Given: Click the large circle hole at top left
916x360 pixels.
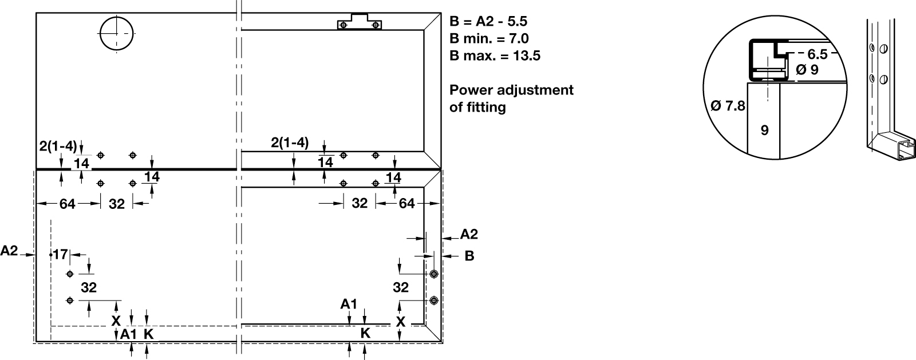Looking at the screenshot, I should [116, 33].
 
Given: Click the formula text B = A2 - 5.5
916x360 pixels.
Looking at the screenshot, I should [488, 22].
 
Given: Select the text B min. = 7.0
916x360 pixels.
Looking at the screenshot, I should [489, 39].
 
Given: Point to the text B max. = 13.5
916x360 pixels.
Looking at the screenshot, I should [495, 56].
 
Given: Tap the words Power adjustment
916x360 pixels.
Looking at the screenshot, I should [511, 90].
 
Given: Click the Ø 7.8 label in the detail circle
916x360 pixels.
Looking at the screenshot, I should [728, 106].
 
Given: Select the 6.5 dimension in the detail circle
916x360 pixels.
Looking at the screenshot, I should [818, 54].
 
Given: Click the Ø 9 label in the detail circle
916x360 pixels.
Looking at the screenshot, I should [807, 70].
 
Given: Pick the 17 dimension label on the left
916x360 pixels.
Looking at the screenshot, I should [61, 254].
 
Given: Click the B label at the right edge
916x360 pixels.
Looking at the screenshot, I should [469, 256].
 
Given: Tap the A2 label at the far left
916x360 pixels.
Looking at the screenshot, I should [9, 251].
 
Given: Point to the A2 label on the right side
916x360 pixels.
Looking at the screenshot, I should [469, 234].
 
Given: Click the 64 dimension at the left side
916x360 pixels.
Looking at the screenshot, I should [68, 204].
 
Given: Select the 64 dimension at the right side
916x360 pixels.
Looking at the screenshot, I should [406, 204].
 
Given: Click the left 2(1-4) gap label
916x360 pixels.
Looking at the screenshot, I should [58, 146].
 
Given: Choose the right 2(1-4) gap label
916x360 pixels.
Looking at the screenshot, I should [290, 143].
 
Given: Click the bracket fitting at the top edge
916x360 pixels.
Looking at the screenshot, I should [360, 23].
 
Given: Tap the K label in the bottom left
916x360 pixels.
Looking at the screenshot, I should [148, 334].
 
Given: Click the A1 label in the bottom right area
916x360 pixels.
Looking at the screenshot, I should [349, 303].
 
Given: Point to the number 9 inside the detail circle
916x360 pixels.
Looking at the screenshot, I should [764, 130].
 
